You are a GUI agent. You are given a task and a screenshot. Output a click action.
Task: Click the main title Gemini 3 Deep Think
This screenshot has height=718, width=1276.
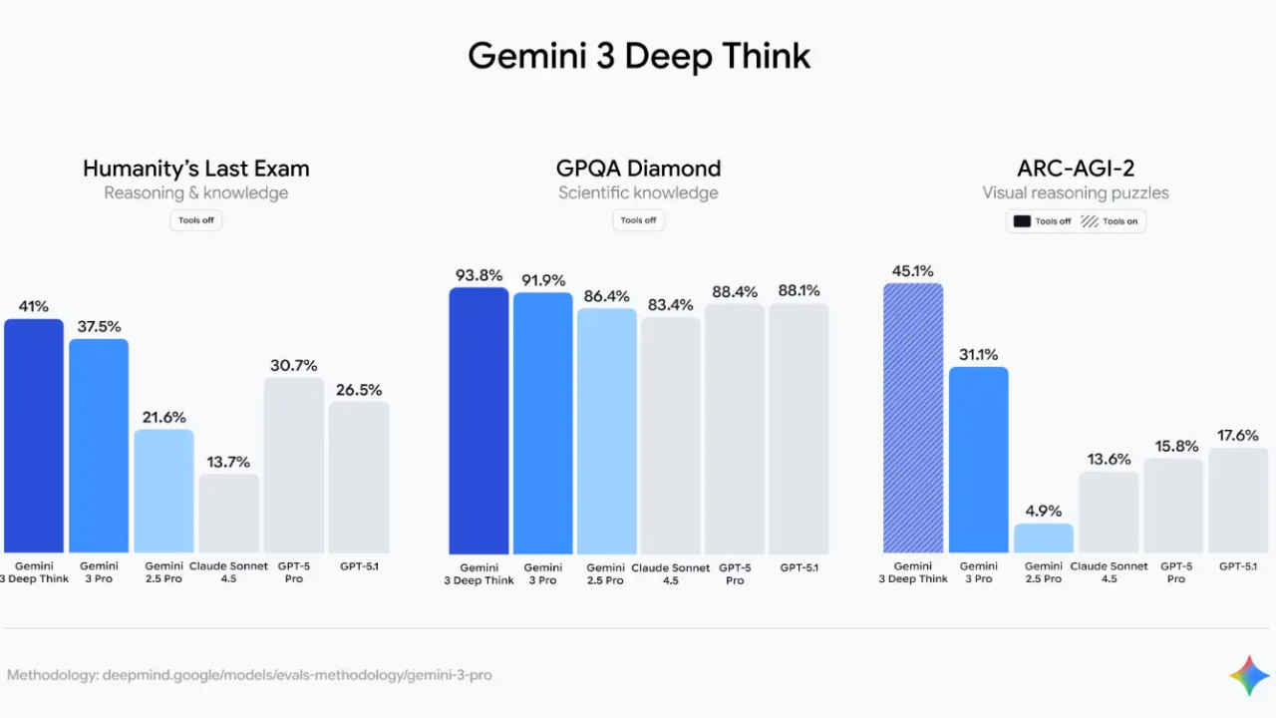638,56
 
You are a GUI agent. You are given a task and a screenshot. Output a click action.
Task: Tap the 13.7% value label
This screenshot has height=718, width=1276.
229,462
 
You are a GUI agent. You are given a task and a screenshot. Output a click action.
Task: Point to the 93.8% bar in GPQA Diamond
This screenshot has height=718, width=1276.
478,420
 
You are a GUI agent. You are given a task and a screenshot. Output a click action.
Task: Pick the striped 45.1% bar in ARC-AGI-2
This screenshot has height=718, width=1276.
913,418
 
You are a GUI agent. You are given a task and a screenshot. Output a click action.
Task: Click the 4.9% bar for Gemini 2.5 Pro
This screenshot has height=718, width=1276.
1044,538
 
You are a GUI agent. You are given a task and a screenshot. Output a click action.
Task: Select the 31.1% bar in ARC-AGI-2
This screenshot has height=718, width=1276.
978,460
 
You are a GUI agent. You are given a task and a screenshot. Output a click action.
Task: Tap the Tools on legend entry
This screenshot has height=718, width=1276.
1110,221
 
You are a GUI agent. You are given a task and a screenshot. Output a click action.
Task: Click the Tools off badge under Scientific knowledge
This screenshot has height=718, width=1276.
638,220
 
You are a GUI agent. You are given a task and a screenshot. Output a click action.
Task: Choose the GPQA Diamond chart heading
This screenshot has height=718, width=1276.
638,169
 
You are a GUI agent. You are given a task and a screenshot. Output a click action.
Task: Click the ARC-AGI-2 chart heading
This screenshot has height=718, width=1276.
1075,169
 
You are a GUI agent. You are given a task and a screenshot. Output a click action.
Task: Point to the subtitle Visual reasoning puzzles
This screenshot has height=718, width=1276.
1075,192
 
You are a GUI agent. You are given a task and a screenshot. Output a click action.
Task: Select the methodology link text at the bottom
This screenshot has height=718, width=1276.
249,675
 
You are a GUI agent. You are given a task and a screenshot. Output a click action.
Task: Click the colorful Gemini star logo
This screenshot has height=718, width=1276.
1249,676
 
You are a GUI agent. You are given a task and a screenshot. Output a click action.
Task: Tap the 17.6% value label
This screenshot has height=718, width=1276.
1238,435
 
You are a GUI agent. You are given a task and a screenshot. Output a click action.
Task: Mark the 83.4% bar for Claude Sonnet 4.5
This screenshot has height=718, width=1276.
671,435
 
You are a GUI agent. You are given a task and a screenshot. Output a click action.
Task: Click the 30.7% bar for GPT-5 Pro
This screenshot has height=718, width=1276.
294,465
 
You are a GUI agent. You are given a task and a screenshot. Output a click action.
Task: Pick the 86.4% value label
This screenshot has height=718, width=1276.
606,296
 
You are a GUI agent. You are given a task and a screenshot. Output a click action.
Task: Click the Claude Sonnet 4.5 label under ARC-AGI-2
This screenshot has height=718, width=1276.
1109,572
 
